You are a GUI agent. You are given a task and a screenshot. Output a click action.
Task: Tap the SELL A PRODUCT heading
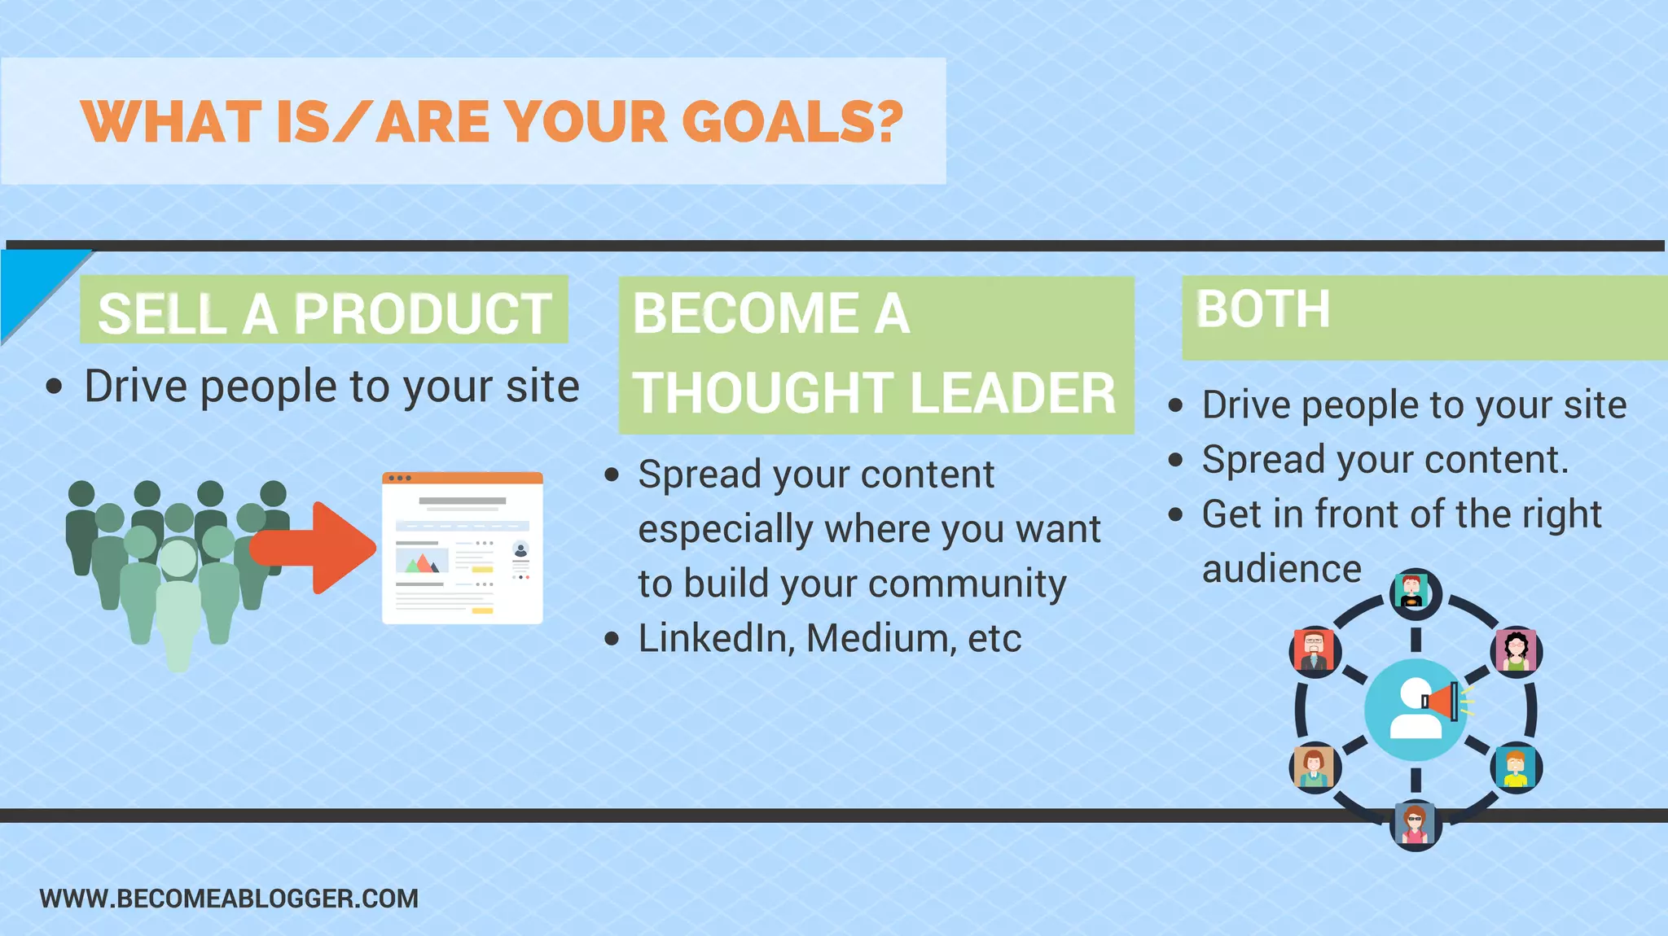pos(324,313)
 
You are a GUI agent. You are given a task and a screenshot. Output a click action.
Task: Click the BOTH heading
pos(1262,309)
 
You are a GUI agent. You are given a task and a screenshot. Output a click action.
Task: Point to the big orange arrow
pos(318,548)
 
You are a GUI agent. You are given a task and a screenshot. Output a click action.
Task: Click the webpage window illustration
pos(462,548)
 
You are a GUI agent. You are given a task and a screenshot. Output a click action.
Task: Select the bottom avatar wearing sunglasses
pos(1415,824)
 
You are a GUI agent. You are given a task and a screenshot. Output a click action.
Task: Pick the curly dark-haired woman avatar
pos(1516,652)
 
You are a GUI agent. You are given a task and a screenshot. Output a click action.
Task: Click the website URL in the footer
pos(229,899)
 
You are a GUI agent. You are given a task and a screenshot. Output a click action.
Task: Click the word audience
pos(1281,569)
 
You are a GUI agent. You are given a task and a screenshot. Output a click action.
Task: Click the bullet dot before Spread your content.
pos(612,475)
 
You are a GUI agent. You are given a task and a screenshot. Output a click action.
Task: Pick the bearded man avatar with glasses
pos(1314,652)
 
